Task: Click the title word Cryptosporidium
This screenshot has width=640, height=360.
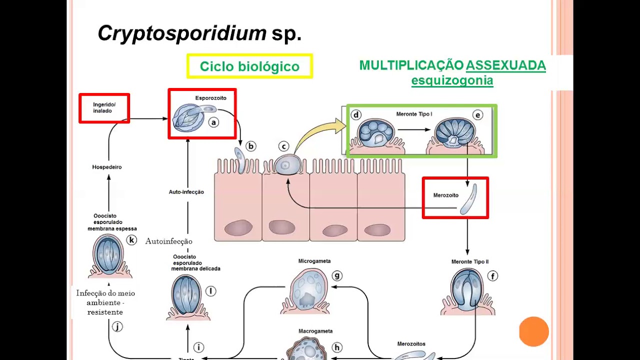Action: tap(182, 33)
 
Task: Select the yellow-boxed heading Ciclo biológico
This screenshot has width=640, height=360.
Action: tap(249, 66)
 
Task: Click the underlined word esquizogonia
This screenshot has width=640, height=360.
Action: tap(452, 80)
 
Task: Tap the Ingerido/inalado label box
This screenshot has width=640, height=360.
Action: tap(104, 108)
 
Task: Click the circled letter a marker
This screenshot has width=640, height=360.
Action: tap(213, 122)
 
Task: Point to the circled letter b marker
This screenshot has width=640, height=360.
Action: tap(250, 146)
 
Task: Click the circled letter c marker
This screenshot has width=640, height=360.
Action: tap(283, 146)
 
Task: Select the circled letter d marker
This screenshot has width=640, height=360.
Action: tap(356, 115)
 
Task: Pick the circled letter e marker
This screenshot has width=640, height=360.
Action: tap(477, 115)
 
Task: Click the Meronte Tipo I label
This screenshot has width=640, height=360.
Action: tap(414, 114)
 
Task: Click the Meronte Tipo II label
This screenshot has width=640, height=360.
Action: tap(469, 261)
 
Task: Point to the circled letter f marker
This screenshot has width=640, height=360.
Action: tap(492, 276)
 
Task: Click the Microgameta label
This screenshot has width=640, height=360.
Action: tap(314, 261)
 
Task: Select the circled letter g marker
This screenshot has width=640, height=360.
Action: tap(337, 276)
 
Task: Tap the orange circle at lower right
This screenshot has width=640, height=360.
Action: tap(534, 331)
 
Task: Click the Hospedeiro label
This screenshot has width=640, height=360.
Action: tap(106, 167)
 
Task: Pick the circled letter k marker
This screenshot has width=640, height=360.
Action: tap(131, 240)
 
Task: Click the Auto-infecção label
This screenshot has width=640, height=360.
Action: tap(186, 192)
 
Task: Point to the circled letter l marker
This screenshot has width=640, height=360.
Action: tap(210, 291)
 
